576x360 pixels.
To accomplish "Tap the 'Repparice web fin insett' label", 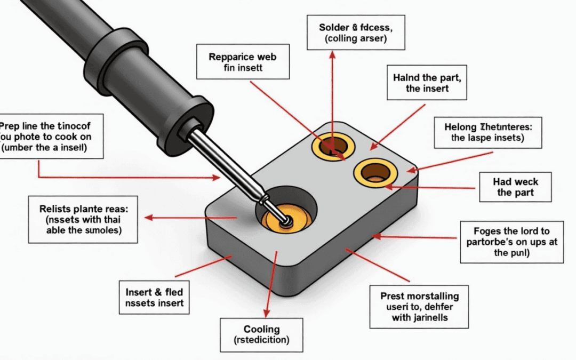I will [243, 62].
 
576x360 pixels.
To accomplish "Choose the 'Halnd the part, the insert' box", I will [427, 83].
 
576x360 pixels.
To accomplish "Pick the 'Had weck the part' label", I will [515, 187].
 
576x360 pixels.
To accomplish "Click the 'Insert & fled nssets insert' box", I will [154, 298].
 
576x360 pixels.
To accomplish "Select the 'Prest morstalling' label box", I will [419, 307].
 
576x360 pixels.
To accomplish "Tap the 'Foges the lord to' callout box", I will [511, 242].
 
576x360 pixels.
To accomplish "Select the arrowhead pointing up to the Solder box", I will [332, 54].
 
